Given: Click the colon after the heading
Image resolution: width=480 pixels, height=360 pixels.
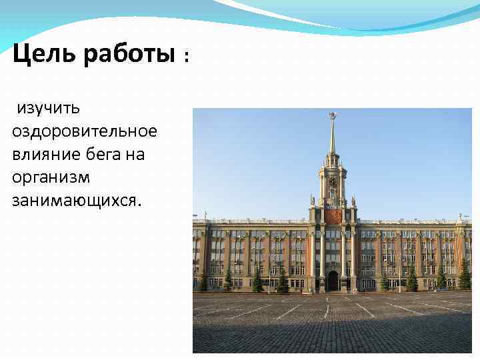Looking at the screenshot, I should click(x=187, y=59).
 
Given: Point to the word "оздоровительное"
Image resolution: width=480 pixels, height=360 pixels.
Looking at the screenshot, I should click(x=85, y=131).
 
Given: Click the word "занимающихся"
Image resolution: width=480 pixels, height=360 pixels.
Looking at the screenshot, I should click(x=76, y=201).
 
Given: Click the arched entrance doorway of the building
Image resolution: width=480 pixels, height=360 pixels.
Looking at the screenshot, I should click(x=332, y=281).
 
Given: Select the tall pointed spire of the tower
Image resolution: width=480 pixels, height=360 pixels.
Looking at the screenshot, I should click(x=331, y=137).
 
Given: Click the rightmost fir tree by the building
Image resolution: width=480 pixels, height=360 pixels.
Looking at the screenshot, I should click(x=464, y=274).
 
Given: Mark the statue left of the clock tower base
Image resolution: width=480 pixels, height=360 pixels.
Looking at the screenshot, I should click(x=312, y=200).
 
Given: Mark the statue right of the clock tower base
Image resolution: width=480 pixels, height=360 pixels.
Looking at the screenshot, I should click(x=353, y=200).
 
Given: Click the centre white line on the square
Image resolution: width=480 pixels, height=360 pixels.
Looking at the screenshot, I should click(x=327, y=310).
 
